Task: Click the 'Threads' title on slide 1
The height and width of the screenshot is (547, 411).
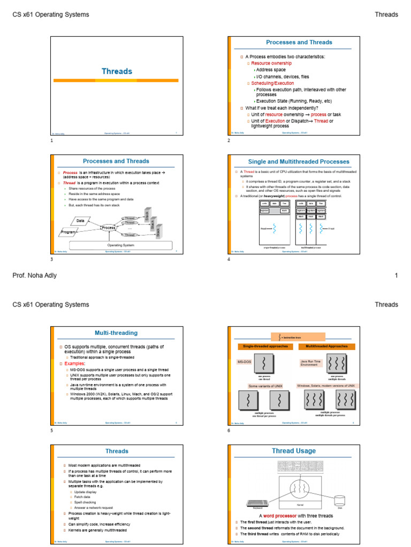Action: point(117,71)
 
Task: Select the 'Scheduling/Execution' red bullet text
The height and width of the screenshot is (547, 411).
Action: point(272,83)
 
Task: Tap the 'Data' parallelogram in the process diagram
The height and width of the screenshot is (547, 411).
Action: point(81,221)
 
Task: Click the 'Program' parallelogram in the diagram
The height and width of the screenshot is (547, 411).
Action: point(68,232)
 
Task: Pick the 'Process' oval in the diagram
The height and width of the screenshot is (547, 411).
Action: point(109,228)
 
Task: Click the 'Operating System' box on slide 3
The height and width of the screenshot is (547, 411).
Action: point(121,245)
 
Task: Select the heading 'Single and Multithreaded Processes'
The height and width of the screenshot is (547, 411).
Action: point(299,161)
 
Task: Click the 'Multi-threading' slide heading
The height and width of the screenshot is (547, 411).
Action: point(116,332)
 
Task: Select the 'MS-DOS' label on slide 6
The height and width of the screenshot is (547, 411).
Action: point(244,362)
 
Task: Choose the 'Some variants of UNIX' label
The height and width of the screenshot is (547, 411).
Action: point(265,386)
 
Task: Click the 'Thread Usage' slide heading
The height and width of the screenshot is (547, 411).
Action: point(293,451)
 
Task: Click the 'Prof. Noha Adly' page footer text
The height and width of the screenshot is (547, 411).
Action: point(34,276)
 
